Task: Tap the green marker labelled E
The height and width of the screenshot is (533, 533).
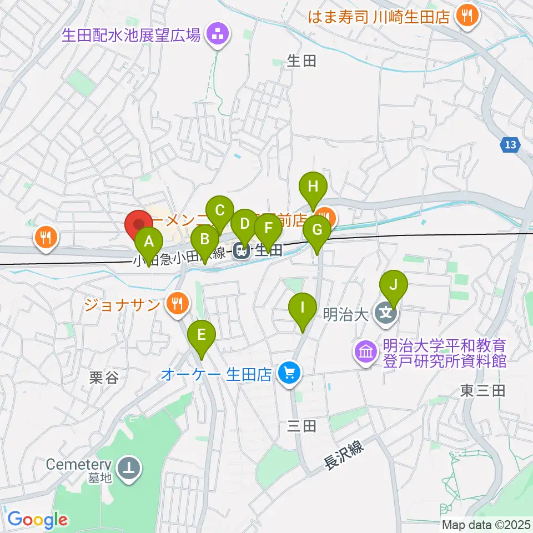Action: coord(201,335)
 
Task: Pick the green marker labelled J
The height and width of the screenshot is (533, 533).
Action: coord(393,286)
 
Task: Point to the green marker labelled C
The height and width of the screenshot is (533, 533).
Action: coord(219,212)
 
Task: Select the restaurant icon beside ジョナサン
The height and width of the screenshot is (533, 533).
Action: coord(177,303)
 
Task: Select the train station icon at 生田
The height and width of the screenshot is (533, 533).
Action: coord(242,252)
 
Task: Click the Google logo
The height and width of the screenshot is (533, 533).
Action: coord(37,520)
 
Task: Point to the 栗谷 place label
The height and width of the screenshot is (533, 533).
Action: coord(104,378)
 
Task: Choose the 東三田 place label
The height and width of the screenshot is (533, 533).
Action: coord(482,391)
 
